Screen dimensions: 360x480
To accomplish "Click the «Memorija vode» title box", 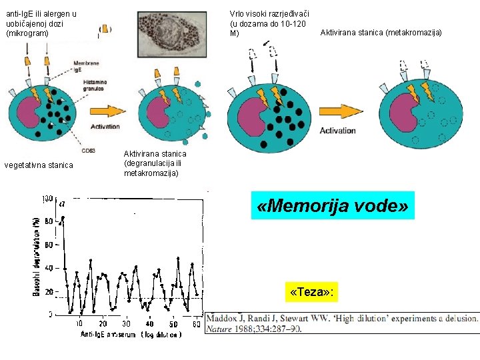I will pyautogui.click(x=331, y=206).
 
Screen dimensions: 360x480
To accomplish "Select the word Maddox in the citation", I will pyautogui.click(x=231, y=318).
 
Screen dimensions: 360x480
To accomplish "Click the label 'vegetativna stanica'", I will pyautogui.click(x=49, y=165).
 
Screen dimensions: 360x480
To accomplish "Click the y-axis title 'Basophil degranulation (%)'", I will pyautogui.click(x=35, y=257).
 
